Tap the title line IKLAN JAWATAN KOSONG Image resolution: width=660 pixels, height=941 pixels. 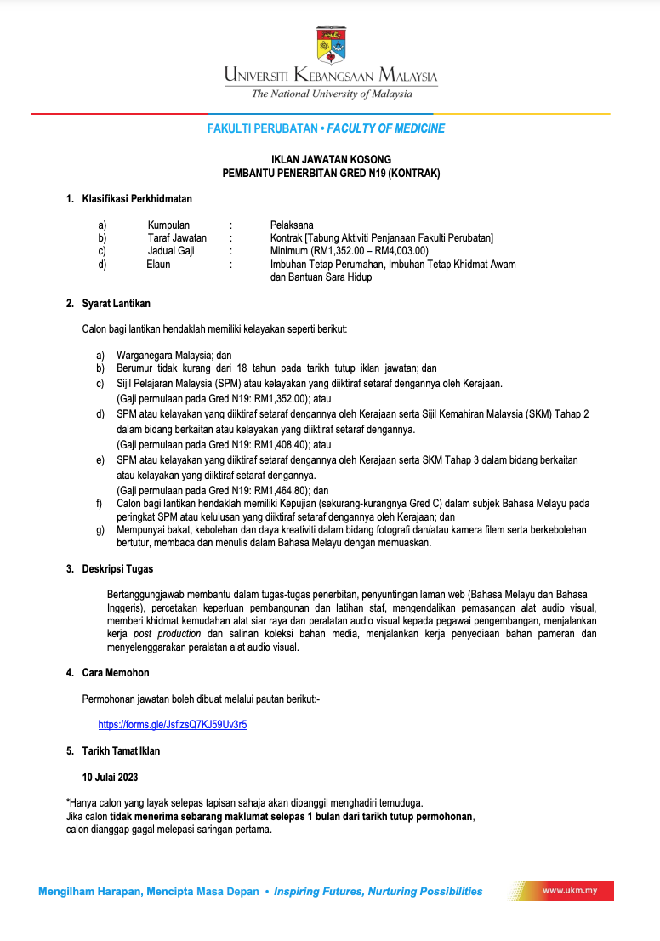click(331, 159)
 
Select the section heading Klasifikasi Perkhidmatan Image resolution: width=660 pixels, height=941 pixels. click(136, 199)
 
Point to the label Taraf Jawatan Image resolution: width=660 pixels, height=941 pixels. click(177, 238)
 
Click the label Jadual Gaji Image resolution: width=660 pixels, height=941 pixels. click(171, 251)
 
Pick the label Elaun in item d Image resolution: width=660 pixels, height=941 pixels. click(158, 265)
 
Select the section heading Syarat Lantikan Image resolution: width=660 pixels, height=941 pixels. click(117, 304)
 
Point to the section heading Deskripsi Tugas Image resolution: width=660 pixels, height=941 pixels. click(117, 569)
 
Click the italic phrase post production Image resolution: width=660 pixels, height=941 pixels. click(168, 634)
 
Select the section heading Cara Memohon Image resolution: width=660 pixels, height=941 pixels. click(116, 673)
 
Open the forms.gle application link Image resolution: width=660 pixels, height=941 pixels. click(173, 725)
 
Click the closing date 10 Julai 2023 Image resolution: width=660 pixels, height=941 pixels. click(110, 777)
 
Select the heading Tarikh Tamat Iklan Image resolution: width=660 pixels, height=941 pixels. click(121, 751)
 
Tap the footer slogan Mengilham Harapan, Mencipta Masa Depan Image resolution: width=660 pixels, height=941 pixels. click(149, 892)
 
